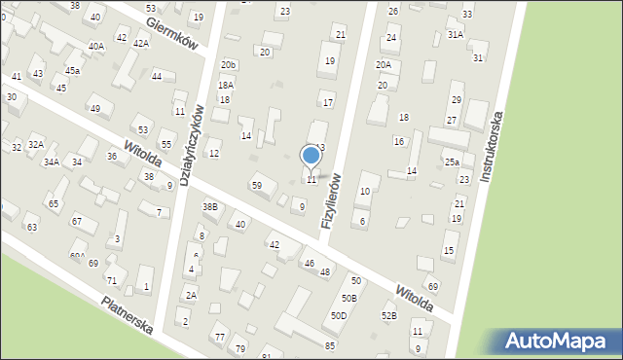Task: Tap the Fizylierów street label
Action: point(332,200)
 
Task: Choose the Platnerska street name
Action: point(127,314)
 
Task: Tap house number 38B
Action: point(209,206)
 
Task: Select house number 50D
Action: point(339,315)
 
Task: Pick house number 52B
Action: point(388,315)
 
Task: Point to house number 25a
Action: point(452,162)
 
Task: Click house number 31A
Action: point(455,34)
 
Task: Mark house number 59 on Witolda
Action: point(257,185)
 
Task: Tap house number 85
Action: point(330,345)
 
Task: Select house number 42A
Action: point(141,44)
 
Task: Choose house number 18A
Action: point(226,86)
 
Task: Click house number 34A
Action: point(51,162)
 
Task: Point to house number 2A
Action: point(191,295)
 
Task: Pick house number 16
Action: point(398,141)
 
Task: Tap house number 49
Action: point(94,109)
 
